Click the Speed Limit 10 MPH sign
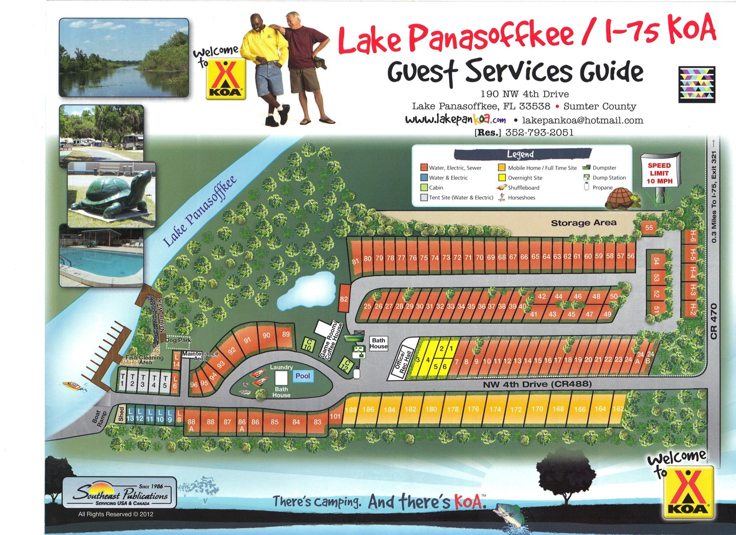659,173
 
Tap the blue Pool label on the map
303,376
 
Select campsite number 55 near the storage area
649,227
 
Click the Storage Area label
583,223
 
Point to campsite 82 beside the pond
344,298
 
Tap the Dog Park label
178,340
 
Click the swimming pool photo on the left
101,256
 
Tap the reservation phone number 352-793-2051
539,133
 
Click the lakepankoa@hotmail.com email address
582,120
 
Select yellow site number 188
350,410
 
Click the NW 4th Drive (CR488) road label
537,384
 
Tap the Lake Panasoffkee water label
200,211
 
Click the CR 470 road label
713,321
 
